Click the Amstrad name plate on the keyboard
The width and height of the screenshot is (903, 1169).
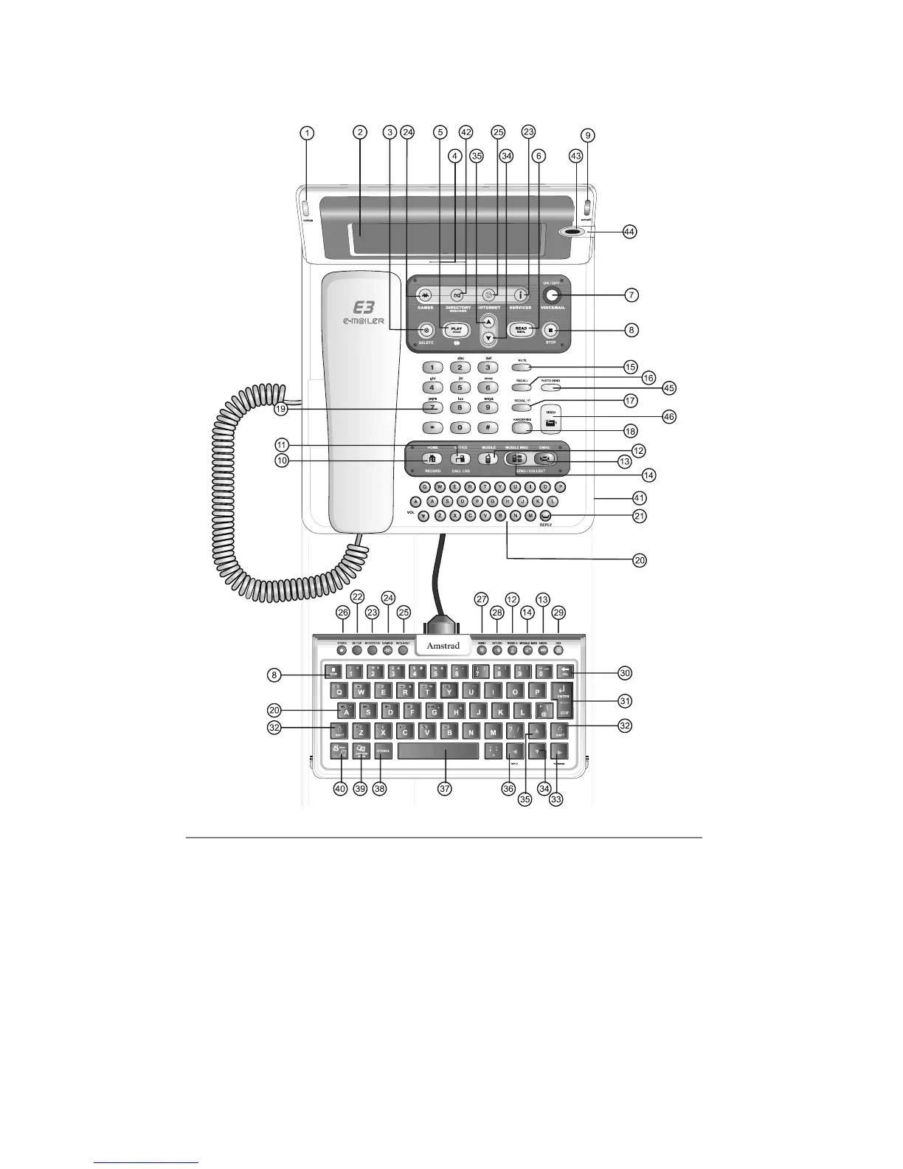tap(444, 646)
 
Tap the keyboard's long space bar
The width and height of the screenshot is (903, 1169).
tap(437, 751)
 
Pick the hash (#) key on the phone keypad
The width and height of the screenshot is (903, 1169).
tap(488, 427)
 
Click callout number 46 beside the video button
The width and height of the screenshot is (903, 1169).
tap(668, 417)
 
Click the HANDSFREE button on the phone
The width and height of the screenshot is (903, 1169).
tap(522, 427)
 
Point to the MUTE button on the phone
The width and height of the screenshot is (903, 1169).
tap(522, 367)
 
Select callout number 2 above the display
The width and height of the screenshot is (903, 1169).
tap(359, 133)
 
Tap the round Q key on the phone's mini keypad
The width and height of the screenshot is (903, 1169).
tap(425, 487)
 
